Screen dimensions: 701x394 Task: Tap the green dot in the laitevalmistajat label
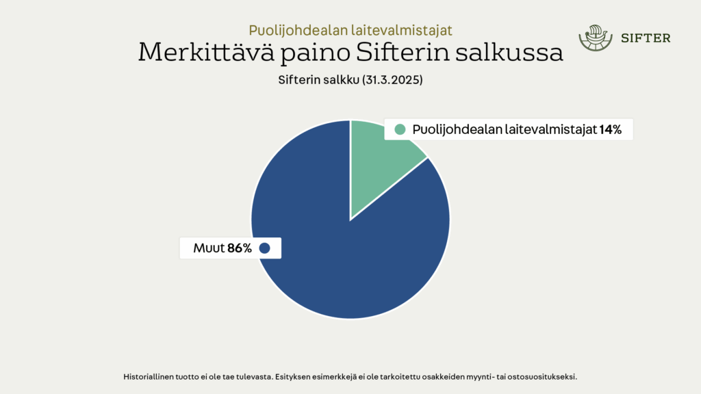[x=400, y=129]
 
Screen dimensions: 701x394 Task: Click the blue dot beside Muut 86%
[x=265, y=248]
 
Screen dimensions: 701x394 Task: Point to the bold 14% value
[x=610, y=129]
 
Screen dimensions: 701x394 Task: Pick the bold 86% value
[x=240, y=248]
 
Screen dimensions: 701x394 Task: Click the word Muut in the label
[x=209, y=248]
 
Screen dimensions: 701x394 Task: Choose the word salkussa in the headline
[x=509, y=52]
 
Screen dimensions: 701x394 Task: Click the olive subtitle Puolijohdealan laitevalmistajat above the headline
[x=350, y=30]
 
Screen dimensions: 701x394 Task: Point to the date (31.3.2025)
[x=392, y=80]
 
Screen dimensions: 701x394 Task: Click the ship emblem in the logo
[x=596, y=38]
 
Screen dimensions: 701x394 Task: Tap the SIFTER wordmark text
[x=646, y=38]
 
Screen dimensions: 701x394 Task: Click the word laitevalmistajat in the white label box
[x=551, y=129]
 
